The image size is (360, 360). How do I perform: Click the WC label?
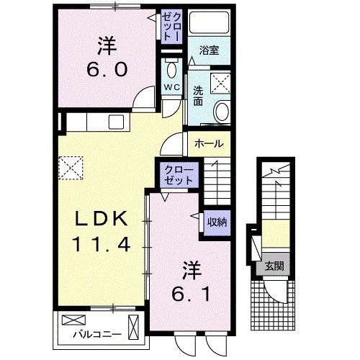[x=171, y=87]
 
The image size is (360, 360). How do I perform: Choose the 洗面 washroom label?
[x=198, y=97]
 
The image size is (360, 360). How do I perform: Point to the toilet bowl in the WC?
[x=172, y=69]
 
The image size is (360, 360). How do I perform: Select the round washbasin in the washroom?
[x=222, y=111]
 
